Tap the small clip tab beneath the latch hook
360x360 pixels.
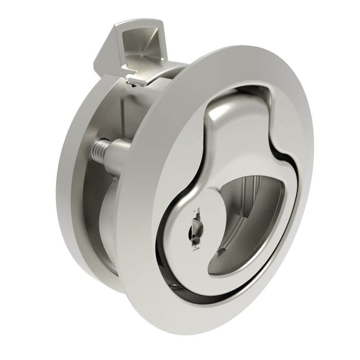pos(139,81)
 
